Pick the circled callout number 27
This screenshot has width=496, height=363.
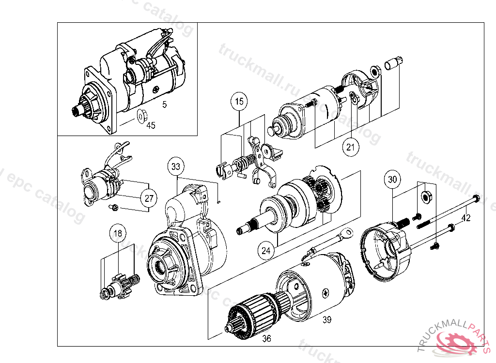pyautogui.click(x=149, y=197)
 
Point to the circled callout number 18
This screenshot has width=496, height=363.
pyautogui.click(x=118, y=233)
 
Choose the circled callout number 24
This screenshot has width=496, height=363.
pyautogui.click(x=266, y=251)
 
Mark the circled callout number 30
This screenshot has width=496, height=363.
pyautogui.click(x=392, y=179)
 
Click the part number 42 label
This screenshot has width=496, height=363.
pyautogui.click(x=465, y=218)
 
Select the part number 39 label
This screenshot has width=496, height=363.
pyautogui.click(x=327, y=319)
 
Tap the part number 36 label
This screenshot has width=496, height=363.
pyautogui.click(x=266, y=339)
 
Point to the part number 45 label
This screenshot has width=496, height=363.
pyautogui.click(x=151, y=125)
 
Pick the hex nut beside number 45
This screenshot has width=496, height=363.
pyautogui.click(x=141, y=116)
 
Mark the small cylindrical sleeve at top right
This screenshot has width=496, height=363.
pyautogui.click(x=392, y=63)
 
